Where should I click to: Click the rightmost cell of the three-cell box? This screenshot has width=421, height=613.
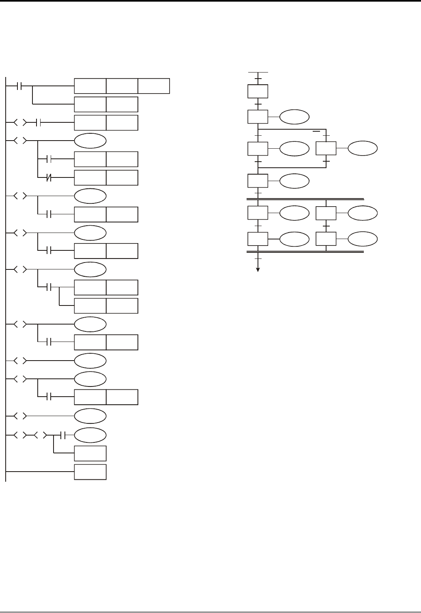click(x=154, y=86)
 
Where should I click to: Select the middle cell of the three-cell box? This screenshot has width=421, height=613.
click(x=122, y=86)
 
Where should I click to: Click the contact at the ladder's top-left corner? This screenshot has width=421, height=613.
click(x=19, y=86)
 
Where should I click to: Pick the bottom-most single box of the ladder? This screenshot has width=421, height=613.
click(x=90, y=472)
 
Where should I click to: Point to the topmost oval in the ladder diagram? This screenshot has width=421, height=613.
click(x=90, y=141)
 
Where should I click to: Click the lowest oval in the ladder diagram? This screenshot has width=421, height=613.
click(x=90, y=435)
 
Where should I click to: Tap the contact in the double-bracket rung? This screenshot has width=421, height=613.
click(x=63, y=435)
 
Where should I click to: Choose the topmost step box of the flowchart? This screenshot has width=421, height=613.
click(x=258, y=91)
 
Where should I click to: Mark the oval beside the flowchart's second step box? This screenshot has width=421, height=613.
click(x=294, y=117)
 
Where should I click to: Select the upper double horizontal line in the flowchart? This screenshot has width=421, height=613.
click(x=305, y=199)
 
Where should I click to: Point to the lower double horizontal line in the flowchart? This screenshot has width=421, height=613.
click(x=305, y=252)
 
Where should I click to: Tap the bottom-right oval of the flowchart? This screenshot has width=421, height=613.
click(x=363, y=239)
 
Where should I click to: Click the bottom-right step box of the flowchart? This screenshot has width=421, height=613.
click(x=326, y=239)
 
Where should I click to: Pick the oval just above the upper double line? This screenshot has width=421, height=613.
click(x=294, y=181)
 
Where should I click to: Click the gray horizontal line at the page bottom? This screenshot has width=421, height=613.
click(x=210, y=611)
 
